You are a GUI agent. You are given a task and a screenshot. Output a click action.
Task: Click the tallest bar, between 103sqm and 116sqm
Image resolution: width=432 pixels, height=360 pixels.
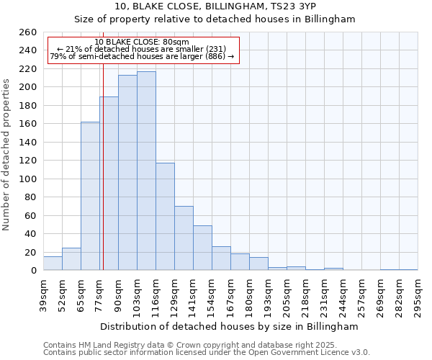point(146,171)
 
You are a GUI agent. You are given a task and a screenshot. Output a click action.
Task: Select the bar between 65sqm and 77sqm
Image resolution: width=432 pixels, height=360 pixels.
point(90,196)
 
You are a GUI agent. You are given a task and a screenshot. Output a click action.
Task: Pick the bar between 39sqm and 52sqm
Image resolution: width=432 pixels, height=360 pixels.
point(53,264)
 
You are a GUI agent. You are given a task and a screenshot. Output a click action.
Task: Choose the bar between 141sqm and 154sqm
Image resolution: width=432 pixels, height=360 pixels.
point(202,248)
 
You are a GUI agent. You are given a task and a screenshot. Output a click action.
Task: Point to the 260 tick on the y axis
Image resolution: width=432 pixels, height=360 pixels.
point(28,32)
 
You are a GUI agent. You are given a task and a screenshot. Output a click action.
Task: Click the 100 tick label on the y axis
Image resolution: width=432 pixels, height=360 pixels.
point(28,179)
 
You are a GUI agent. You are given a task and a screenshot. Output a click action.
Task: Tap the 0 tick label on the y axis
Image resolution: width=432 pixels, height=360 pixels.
point(34,271)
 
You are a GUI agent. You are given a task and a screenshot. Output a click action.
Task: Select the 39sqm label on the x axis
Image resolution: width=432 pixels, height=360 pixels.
point(43,294)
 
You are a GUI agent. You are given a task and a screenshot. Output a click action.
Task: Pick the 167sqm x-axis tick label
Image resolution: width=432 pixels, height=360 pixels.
point(230,294)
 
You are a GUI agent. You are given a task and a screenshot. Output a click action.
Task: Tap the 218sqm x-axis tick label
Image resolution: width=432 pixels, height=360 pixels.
point(305,294)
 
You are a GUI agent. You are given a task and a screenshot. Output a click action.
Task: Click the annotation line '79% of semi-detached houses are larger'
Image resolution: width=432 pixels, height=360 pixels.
point(142,57)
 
